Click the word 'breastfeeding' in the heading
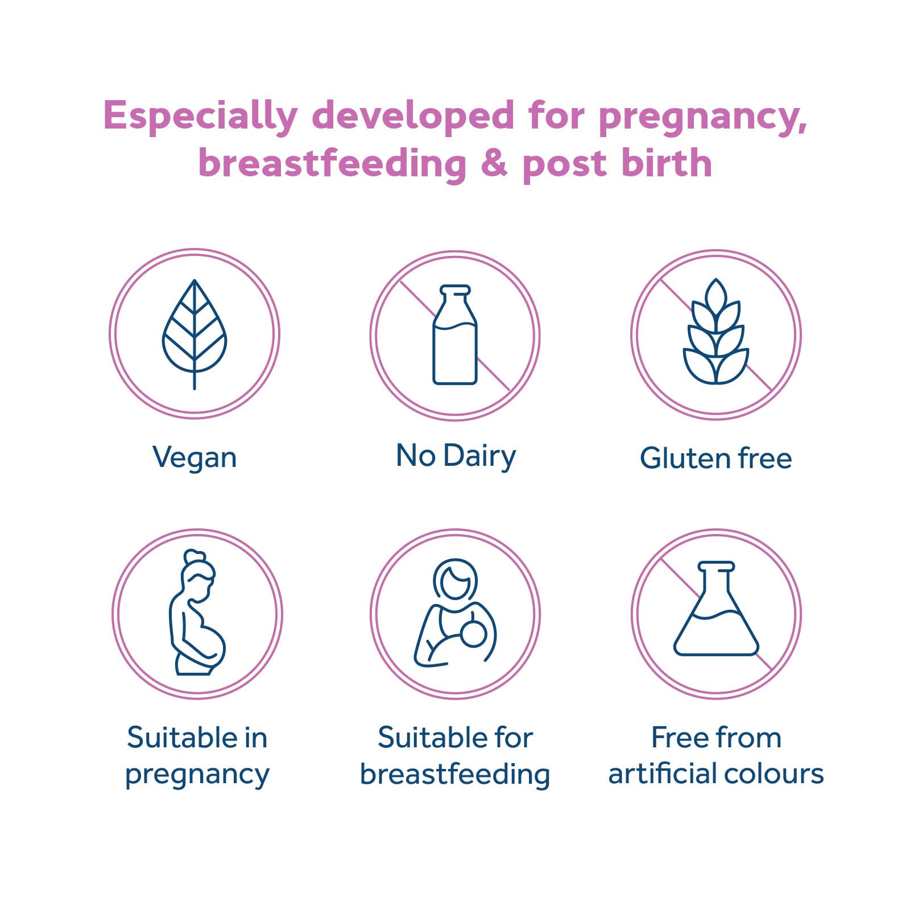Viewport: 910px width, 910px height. click(x=332, y=164)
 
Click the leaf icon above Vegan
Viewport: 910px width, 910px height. click(x=195, y=334)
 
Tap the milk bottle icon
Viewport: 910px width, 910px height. click(x=455, y=335)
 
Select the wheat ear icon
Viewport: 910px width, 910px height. click(x=715, y=332)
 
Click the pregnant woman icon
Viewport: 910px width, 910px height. click(x=197, y=613)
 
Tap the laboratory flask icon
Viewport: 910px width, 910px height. click(x=716, y=609)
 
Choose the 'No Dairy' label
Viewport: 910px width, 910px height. click(x=456, y=457)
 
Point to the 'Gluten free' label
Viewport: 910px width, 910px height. click(x=715, y=458)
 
